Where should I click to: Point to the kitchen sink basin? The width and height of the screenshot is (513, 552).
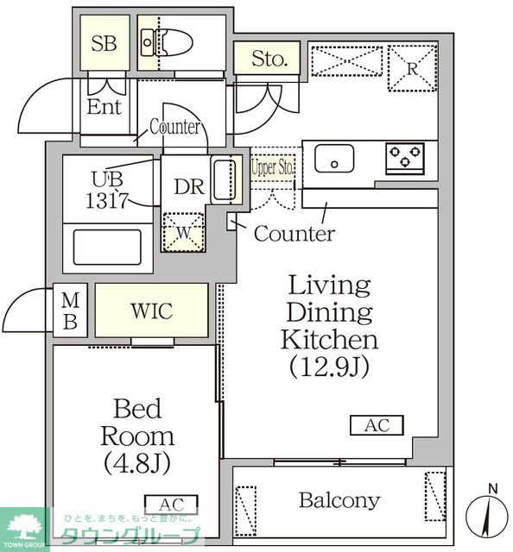point(333,160)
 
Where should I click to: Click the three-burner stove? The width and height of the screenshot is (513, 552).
point(404,158)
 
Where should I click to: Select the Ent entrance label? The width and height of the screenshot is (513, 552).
point(104,107)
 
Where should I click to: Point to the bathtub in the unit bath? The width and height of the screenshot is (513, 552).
point(107,247)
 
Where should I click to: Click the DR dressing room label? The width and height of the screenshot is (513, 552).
point(187,187)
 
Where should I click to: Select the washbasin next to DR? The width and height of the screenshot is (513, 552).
point(223,181)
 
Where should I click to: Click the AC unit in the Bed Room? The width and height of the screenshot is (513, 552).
point(171,504)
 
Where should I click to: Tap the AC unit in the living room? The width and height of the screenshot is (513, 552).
point(377,425)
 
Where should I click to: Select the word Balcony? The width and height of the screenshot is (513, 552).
point(339,500)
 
